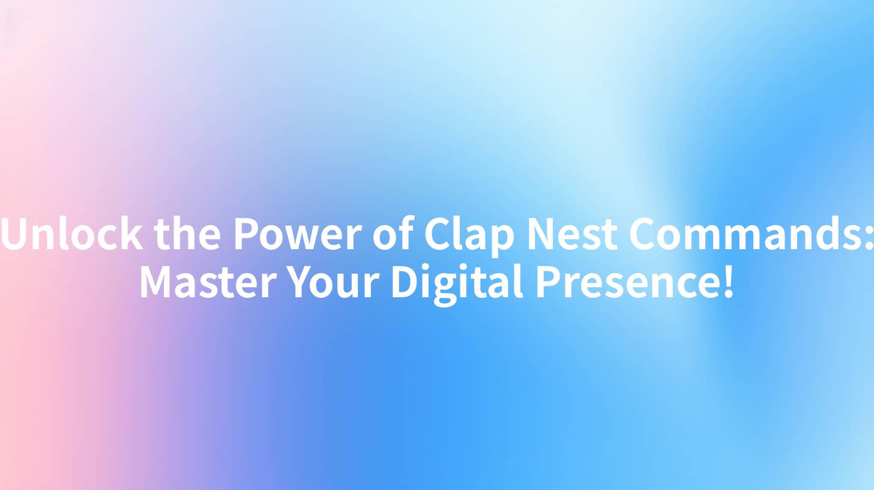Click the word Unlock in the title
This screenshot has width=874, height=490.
pyautogui.click(x=73, y=234)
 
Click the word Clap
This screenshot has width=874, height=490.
pyautogui.click(x=469, y=235)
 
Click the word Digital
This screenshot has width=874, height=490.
pyautogui.click(x=456, y=283)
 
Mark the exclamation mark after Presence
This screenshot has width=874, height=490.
pyautogui.click(x=728, y=282)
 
